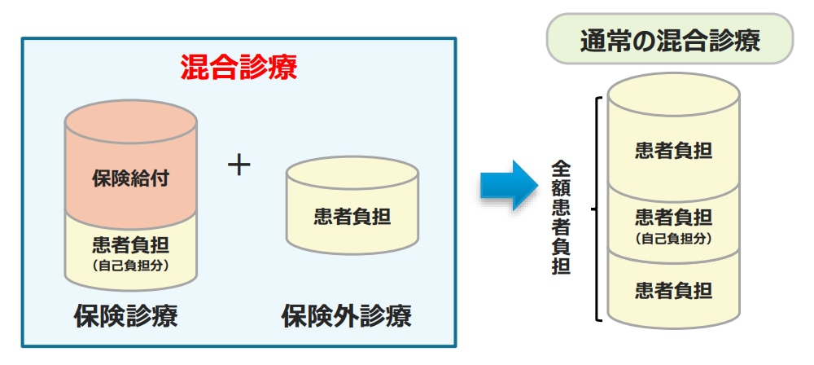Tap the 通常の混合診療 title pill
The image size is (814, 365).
point(670,39)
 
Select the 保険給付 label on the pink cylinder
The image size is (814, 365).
point(130,178)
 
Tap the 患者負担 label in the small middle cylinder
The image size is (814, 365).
point(352,216)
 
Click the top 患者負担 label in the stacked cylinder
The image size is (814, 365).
point(673,151)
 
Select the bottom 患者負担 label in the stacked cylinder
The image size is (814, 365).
point(673,289)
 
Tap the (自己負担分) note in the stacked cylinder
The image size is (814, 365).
point(673,238)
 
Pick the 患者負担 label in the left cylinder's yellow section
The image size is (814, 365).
point(130,244)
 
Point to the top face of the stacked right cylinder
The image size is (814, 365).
point(673,94)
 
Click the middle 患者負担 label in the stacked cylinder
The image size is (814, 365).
point(673,218)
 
